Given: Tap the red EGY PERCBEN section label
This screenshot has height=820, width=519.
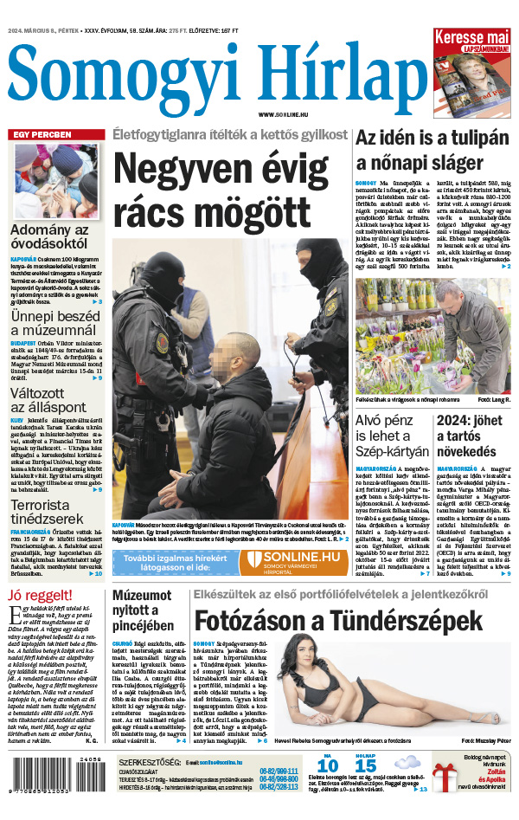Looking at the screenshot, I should pos(42,136).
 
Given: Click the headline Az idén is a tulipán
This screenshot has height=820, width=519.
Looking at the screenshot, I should pos(432,149).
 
